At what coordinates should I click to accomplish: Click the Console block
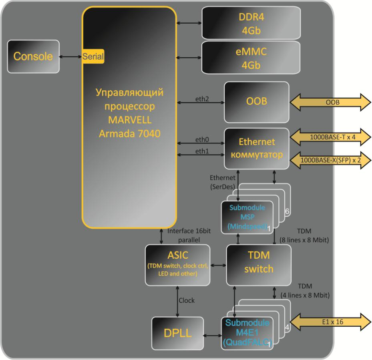point(34,56)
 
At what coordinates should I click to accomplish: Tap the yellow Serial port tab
point(93,56)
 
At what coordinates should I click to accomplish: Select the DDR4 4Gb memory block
point(251,22)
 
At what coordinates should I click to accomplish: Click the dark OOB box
point(256,102)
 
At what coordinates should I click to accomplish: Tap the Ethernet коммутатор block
point(256,148)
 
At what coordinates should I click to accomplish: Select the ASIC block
point(177,265)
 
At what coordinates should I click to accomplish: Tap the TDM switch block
point(259,265)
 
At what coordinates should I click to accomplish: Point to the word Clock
point(187,300)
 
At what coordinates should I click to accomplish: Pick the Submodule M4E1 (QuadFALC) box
point(247,332)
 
